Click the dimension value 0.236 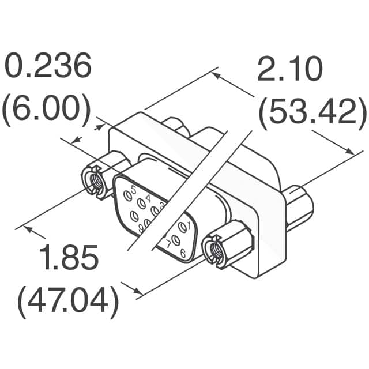48,68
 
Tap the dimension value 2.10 288,71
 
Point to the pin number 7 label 168,241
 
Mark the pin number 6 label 182,253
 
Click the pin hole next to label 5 126,197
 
